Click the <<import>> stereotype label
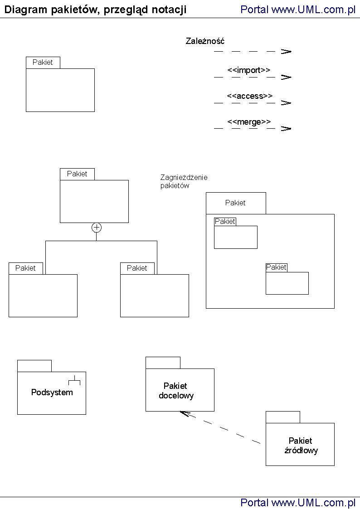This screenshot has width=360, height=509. pos(248,70)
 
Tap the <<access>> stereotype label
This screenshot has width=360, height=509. pos(249,96)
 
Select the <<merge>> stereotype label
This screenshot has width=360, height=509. pos(249,122)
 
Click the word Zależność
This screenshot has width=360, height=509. pos(205,41)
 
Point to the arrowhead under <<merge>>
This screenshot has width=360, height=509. pos(286,129)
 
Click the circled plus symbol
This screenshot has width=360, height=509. pos(96,228)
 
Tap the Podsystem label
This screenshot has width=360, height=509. pos(52,393)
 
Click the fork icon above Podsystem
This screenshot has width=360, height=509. pos(74,381)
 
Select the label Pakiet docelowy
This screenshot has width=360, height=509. pos(176,391)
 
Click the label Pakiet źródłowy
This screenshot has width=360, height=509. pos(301,446)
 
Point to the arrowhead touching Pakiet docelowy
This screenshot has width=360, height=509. pos(182,413)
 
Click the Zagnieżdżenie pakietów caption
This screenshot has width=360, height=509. pos(184,182)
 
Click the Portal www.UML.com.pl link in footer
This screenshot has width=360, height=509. pos(298,502)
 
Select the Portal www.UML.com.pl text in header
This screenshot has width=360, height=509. pos(298,10)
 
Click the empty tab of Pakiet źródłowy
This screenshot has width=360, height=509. pos(282,417)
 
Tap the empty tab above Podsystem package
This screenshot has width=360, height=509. pos(34,366)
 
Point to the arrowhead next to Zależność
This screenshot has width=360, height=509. pos(286,52)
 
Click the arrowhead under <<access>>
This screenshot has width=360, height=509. pos(286,103)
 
